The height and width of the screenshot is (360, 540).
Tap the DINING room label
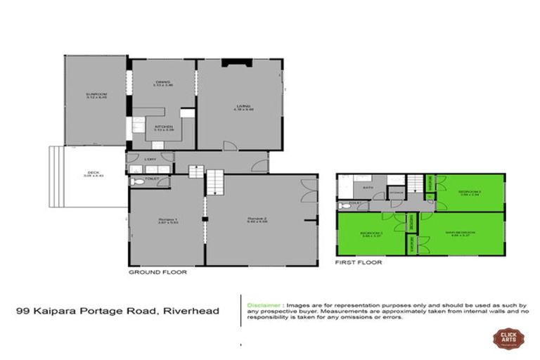pyautogui.click(x=163, y=82)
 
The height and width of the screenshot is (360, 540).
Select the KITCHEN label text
pyautogui.click(x=163, y=127)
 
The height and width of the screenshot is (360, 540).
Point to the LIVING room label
pyautogui.click(x=243, y=107)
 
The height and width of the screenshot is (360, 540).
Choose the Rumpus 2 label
pyautogui.click(x=256, y=219)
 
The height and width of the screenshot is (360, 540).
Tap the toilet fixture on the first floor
pyautogui.click(x=342, y=206)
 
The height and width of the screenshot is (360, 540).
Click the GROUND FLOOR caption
pyautogui.click(x=157, y=271)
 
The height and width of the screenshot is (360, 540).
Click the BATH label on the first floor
pyautogui.click(x=367, y=188)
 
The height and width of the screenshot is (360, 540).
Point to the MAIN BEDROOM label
pyautogui.click(x=459, y=233)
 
